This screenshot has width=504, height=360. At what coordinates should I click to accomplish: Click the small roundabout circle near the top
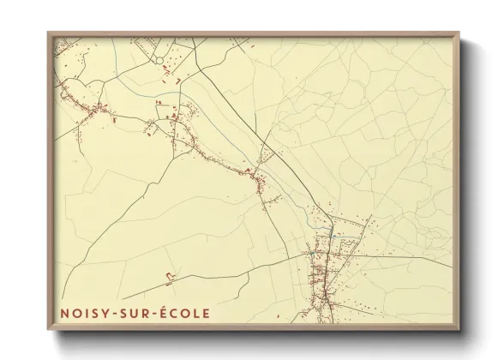click(x=160, y=57)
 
